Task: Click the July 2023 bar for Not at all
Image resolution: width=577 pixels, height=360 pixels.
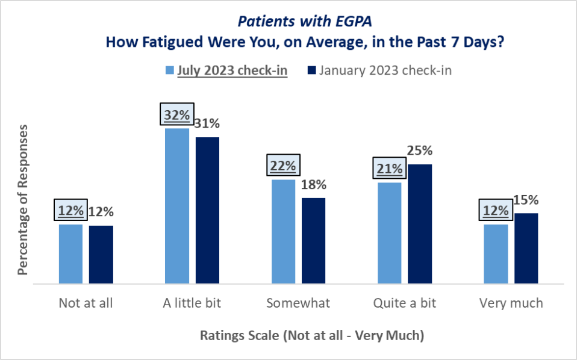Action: point(70,253)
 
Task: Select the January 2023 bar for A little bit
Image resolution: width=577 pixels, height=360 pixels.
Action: point(207,210)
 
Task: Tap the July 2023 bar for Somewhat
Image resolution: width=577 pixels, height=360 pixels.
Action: point(283,231)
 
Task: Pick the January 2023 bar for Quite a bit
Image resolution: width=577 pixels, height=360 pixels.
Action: point(420,223)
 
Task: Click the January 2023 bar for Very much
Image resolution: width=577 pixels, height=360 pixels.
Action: point(526,248)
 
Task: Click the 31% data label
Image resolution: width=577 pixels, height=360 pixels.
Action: point(207,124)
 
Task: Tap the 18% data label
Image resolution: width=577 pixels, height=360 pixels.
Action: point(314,184)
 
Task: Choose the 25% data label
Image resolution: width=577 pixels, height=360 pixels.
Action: point(420,151)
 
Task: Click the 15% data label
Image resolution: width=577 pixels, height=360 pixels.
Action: point(526,200)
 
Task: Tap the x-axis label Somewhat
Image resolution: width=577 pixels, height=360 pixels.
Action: point(298,303)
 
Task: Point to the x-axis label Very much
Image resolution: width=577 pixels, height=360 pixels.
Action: point(511,303)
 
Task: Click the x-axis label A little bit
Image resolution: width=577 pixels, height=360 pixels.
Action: point(192,303)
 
